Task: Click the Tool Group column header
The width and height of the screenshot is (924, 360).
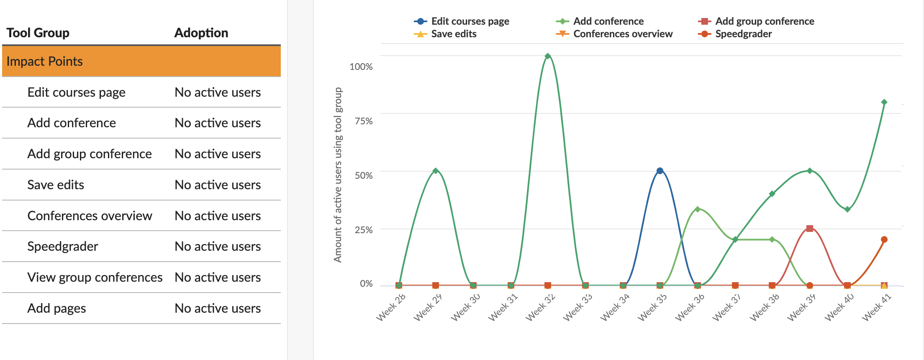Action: click(x=38, y=33)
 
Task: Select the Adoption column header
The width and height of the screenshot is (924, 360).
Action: click(x=201, y=33)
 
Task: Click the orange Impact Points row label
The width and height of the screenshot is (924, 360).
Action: click(x=45, y=62)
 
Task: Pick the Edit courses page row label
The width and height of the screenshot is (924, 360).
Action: click(x=77, y=93)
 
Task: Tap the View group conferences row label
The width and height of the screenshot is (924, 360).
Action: click(x=95, y=278)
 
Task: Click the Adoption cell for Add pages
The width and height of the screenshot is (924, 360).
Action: click(x=218, y=309)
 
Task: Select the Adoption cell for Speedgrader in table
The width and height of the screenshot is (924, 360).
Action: click(x=218, y=247)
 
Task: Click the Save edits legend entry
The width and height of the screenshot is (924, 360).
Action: click(x=454, y=34)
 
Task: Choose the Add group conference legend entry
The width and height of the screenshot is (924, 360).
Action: click(x=765, y=21)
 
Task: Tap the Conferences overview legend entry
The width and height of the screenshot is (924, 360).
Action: click(x=623, y=34)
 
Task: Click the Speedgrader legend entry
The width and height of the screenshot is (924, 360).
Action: click(x=743, y=34)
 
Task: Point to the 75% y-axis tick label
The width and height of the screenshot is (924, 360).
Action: click(x=364, y=121)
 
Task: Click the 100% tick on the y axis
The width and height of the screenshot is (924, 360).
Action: click(x=361, y=67)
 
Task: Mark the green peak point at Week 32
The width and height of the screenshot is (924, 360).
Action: click(x=548, y=56)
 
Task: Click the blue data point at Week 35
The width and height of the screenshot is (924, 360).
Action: click(x=660, y=171)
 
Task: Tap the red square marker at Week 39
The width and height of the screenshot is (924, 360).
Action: click(x=810, y=229)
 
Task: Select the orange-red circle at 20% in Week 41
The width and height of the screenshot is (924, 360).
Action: click(x=884, y=240)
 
